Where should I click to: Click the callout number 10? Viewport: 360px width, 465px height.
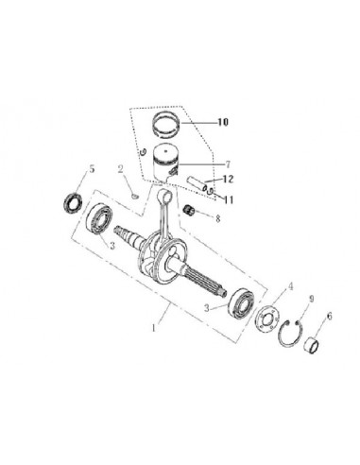coord(223,122)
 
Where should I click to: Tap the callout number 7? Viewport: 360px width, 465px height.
coord(228,164)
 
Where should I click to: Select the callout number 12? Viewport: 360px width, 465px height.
coord(228,180)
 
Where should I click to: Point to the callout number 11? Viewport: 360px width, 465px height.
coord(229,199)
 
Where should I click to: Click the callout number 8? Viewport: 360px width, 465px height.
coord(218,218)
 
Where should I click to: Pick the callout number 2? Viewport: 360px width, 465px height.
coord(120,169)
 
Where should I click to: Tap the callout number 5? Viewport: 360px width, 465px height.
coord(92,169)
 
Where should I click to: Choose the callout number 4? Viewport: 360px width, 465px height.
coord(291,286)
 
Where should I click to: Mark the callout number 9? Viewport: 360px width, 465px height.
coord(312,299)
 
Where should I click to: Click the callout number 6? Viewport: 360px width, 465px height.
coord(330,316)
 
